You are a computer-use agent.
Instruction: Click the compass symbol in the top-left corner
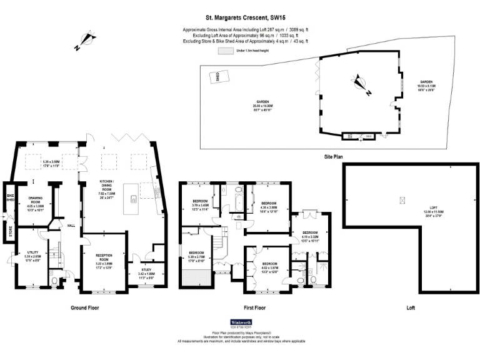[86, 42]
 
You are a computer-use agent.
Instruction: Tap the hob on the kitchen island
[134, 199]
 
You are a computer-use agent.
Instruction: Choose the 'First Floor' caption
[254, 307]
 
